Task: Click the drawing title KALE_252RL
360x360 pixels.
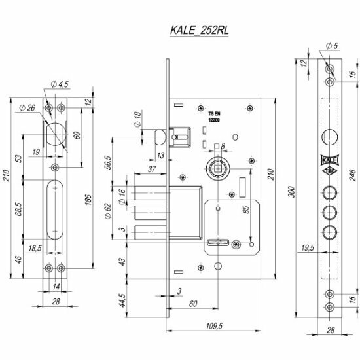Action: pyautogui.click(x=199, y=30)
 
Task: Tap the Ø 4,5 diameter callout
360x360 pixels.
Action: pyautogui.click(x=60, y=84)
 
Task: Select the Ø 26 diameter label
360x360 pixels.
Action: pyautogui.click(x=27, y=108)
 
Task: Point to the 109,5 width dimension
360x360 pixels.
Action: pyautogui.click(x=214, y=326)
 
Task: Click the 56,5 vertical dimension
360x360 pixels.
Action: pyautogui.click(x=109, y=162)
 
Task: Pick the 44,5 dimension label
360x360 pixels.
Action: pyautogui.click(x=122, y=300)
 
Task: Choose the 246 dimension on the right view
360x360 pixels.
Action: pyautogui.click(x=352, y=175)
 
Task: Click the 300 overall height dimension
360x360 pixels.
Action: pyautogui.click(x=291, y=192)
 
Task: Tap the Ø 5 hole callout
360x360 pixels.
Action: pyautogui.click(x=333, y=46)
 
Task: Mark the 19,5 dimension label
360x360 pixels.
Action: pyautogui.click(x=308, y=247)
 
